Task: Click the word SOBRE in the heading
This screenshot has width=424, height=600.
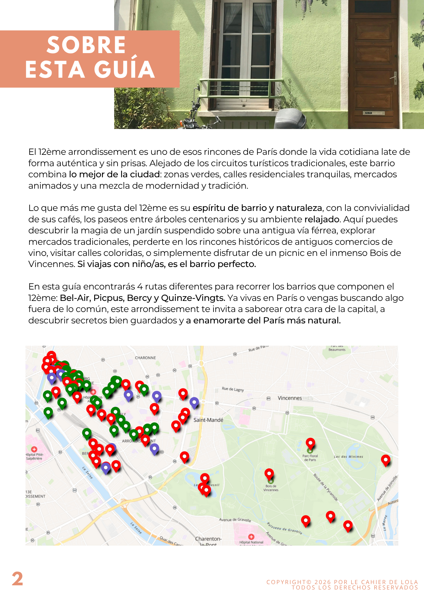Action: pos(86,45)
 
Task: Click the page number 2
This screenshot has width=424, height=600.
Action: pos(17,579)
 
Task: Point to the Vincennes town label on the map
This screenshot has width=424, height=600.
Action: pos(290,398)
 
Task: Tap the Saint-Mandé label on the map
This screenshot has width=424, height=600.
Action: pos(208,420)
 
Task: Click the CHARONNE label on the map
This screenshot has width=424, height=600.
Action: pos(145,358)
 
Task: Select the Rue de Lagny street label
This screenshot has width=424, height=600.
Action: pos(233,389)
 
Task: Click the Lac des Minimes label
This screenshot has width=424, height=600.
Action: pos(348,457)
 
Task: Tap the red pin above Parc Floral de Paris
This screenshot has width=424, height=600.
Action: pos(310,443)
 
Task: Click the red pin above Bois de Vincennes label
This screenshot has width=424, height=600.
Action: pos(269,473)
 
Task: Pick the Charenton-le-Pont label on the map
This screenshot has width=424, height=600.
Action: pos(208,541)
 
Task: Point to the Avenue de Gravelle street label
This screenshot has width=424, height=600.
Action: pos(235,520)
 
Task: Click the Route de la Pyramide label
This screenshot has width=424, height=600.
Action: pos(326,487)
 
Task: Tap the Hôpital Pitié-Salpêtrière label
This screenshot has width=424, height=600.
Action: pos(34,456)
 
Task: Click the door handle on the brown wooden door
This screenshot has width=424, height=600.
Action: pos(394,77)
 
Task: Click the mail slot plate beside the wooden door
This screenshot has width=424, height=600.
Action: pos(371,113)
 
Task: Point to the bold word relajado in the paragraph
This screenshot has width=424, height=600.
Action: pos(322,219)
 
